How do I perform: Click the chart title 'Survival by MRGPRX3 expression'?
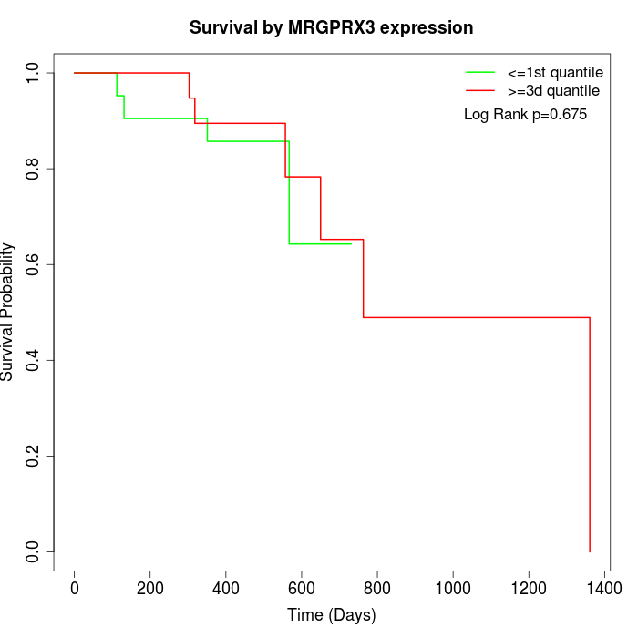pos(331,27)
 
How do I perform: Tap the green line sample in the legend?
pos(480,71)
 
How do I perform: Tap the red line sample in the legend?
pos(480,90)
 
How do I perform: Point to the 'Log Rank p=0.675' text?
pos(526,115)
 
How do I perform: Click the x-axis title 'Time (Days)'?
pos(331,615)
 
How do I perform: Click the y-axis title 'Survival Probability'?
pos(8,312)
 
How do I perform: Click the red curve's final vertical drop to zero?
pos(590,437)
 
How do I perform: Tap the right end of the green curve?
pos(351,244)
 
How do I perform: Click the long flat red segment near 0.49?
pos(474,317)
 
